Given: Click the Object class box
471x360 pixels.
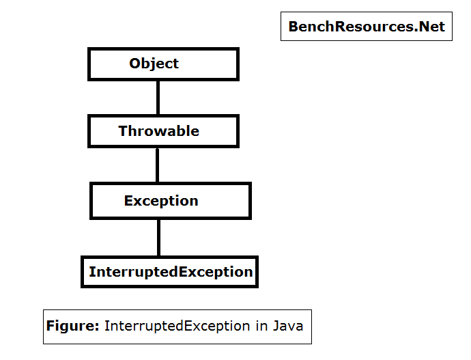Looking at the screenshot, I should [163, 64].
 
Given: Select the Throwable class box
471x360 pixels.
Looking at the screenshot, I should [163, 131].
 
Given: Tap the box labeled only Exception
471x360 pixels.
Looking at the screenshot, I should [170, 201].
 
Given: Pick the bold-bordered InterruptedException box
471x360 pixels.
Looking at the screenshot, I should [170, 272].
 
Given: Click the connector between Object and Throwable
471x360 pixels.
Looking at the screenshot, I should [158, 98].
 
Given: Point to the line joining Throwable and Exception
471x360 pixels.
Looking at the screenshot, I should [158, 165].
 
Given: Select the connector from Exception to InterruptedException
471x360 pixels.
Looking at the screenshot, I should [159, 237].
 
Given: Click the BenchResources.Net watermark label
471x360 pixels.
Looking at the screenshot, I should [366, 27].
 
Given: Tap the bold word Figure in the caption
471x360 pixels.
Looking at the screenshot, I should [71, 326].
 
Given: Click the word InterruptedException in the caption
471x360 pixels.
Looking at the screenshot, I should [177, 326].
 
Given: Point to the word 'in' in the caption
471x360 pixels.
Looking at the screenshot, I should [262, 326].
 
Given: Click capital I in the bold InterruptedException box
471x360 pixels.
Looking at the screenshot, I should [91, 272].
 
